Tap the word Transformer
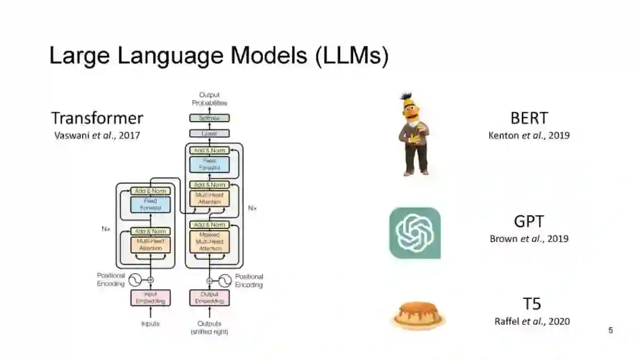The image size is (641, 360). [97, 117]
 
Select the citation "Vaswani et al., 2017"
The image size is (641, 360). [97, 135]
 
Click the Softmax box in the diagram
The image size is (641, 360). [210, 118]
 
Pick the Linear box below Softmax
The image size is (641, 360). [210, 133]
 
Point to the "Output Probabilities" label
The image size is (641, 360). [210, 98]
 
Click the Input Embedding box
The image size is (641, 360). [150, 298]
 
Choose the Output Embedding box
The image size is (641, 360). [210, 298]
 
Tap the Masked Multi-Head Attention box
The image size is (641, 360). [210, 242]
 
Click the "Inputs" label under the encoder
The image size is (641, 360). [150, 324]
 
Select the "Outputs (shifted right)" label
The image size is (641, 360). [210, 327]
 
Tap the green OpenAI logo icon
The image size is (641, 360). [415, 233]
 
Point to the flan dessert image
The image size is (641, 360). [418, 315]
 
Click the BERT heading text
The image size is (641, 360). [529, 117]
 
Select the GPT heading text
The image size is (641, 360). [529, 221]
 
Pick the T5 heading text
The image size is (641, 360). [532, 304]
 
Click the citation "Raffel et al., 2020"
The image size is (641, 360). [532, 321]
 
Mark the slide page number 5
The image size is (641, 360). [610, 330]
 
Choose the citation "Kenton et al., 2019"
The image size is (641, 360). [529, 135]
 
